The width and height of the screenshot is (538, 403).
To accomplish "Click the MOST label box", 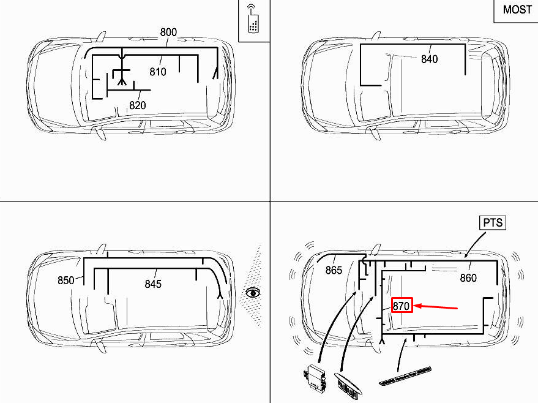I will point(517,10).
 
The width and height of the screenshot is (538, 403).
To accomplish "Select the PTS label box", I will point(493,222).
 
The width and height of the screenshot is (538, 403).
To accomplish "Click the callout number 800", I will point(168,32).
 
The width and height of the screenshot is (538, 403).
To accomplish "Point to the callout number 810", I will point(158,72).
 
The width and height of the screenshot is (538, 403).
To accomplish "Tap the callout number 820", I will point(138,105).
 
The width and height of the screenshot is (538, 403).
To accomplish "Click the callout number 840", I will point(430,59).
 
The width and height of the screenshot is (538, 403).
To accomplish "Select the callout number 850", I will point(66,281).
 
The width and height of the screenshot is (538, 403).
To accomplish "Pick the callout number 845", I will point(153,284).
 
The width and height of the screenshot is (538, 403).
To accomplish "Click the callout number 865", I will point(334,270).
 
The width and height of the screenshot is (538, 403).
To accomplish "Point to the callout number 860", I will point(468,278).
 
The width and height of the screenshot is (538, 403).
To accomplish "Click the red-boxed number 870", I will point(402,306).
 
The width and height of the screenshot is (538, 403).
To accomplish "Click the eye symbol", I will point(252,293).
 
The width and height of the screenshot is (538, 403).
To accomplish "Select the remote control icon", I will point(252,19).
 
